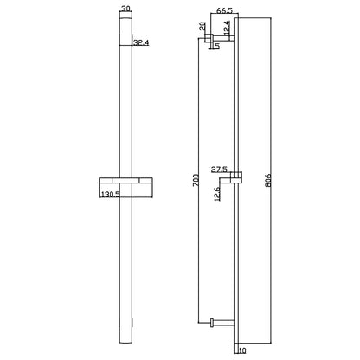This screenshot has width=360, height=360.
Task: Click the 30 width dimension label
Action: point(125,9)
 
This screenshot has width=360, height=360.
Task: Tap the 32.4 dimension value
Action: point(141,42)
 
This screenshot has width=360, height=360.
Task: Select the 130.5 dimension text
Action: point(110,194)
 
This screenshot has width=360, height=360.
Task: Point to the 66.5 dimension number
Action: point(224,10)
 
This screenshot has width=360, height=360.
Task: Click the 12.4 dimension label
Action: point(227,28)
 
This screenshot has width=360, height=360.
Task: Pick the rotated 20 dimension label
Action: point(202,27)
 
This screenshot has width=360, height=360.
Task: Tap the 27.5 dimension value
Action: point(219,170)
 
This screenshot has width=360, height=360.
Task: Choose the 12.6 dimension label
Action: point(217,193)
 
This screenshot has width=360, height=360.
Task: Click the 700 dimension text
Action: point(196,180)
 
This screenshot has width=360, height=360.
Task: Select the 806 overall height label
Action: point(267,181)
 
